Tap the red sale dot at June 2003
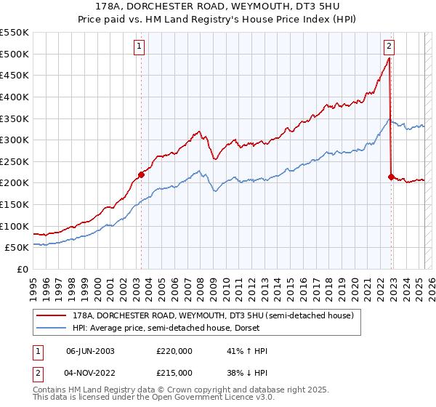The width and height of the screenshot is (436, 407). [x=141, y=174]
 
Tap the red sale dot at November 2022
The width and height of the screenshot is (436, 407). [x=391, y=177]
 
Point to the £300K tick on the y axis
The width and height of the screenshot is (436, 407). [x=15, y=140]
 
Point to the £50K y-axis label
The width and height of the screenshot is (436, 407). [x=17, y=248]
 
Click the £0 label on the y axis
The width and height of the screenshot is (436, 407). [x=23, y=269]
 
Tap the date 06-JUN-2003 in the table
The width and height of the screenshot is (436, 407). [x=90, y=351]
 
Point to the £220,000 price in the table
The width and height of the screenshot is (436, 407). [x=174, y=351]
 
